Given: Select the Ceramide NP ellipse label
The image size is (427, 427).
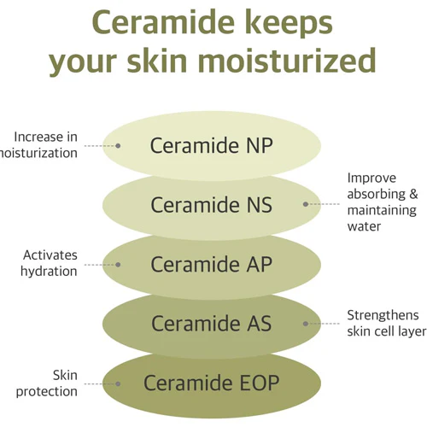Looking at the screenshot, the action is click(212, 145).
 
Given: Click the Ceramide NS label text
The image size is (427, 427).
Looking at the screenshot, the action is click(212, 205).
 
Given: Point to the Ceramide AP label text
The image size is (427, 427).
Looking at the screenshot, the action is click(212, 264).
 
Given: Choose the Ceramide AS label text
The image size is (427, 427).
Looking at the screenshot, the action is click(212, 324).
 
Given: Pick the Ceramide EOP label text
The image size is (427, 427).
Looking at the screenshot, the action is click(212, 383).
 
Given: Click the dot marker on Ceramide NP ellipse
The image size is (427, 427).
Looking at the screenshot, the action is click(118, 146).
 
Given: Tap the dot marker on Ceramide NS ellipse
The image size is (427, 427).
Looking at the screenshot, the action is click(306, 204).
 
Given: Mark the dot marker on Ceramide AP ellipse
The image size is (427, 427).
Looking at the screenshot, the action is click(118, 265).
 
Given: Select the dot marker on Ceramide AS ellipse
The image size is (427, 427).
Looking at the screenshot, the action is click(306, 324).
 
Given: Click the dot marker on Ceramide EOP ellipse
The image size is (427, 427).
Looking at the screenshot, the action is click(118, 384).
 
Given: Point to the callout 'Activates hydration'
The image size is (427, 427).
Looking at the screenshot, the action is click(49, 263).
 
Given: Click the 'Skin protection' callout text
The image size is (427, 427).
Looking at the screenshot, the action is click(47, 383).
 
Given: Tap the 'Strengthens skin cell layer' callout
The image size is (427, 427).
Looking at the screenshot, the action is click(387, 324).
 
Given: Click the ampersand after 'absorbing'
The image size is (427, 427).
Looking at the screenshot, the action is click(413, 194).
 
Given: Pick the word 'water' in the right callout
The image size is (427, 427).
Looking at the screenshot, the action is click(364, 226).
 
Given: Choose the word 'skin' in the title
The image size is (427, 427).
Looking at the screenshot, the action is click(157, 60).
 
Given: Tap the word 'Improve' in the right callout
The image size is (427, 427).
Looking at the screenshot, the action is click(371, 178).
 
